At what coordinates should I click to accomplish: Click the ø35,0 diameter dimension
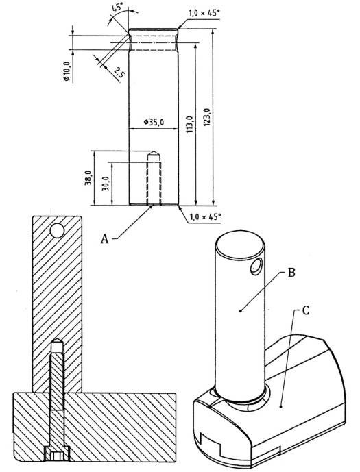click(x=154, y=122)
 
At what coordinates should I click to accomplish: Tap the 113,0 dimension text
click(x=189, y=124)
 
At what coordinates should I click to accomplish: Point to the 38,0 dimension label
click(x=88, y=177)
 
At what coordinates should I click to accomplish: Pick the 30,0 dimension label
click(x=105, y=184)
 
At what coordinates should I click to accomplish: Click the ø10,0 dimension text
click(x=67, y=71)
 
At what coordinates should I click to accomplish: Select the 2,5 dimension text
click(x=119, y=73)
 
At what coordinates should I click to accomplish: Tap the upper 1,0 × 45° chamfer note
click(x=204, y=13)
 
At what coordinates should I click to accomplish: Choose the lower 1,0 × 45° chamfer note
click(x=206, y=217)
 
